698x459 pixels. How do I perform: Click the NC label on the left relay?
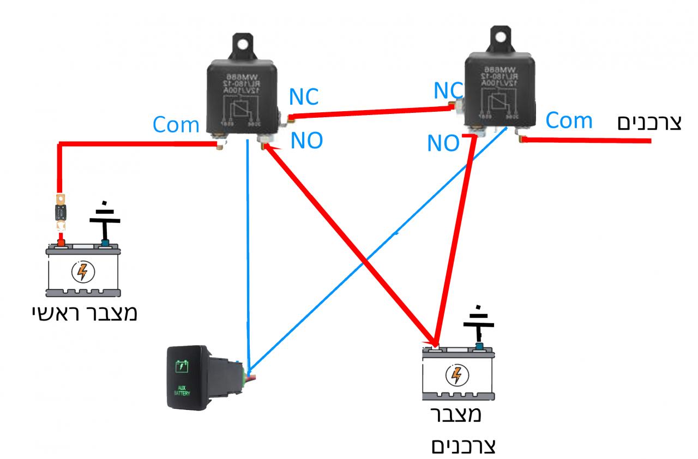pyautogui.click(x=304, y=97)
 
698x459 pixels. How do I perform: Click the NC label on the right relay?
pyautogui.click(x=448, y=90)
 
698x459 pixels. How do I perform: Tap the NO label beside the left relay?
pyautogui.click(x=306, y=141)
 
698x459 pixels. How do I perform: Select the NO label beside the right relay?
pyautogui.click(x=443, y=143)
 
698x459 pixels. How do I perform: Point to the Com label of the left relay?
pyautogui.click(x=176, y=125)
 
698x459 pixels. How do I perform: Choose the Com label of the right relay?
pyautogui.click(x=569, y=120)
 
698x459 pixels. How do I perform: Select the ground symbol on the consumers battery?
pyautogui.click(x=478, y=325)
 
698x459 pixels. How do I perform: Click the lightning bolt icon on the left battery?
pyautogui.click(x=82, y=271)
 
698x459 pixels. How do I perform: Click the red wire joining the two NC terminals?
pyautogui.click(x=371, y=111)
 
